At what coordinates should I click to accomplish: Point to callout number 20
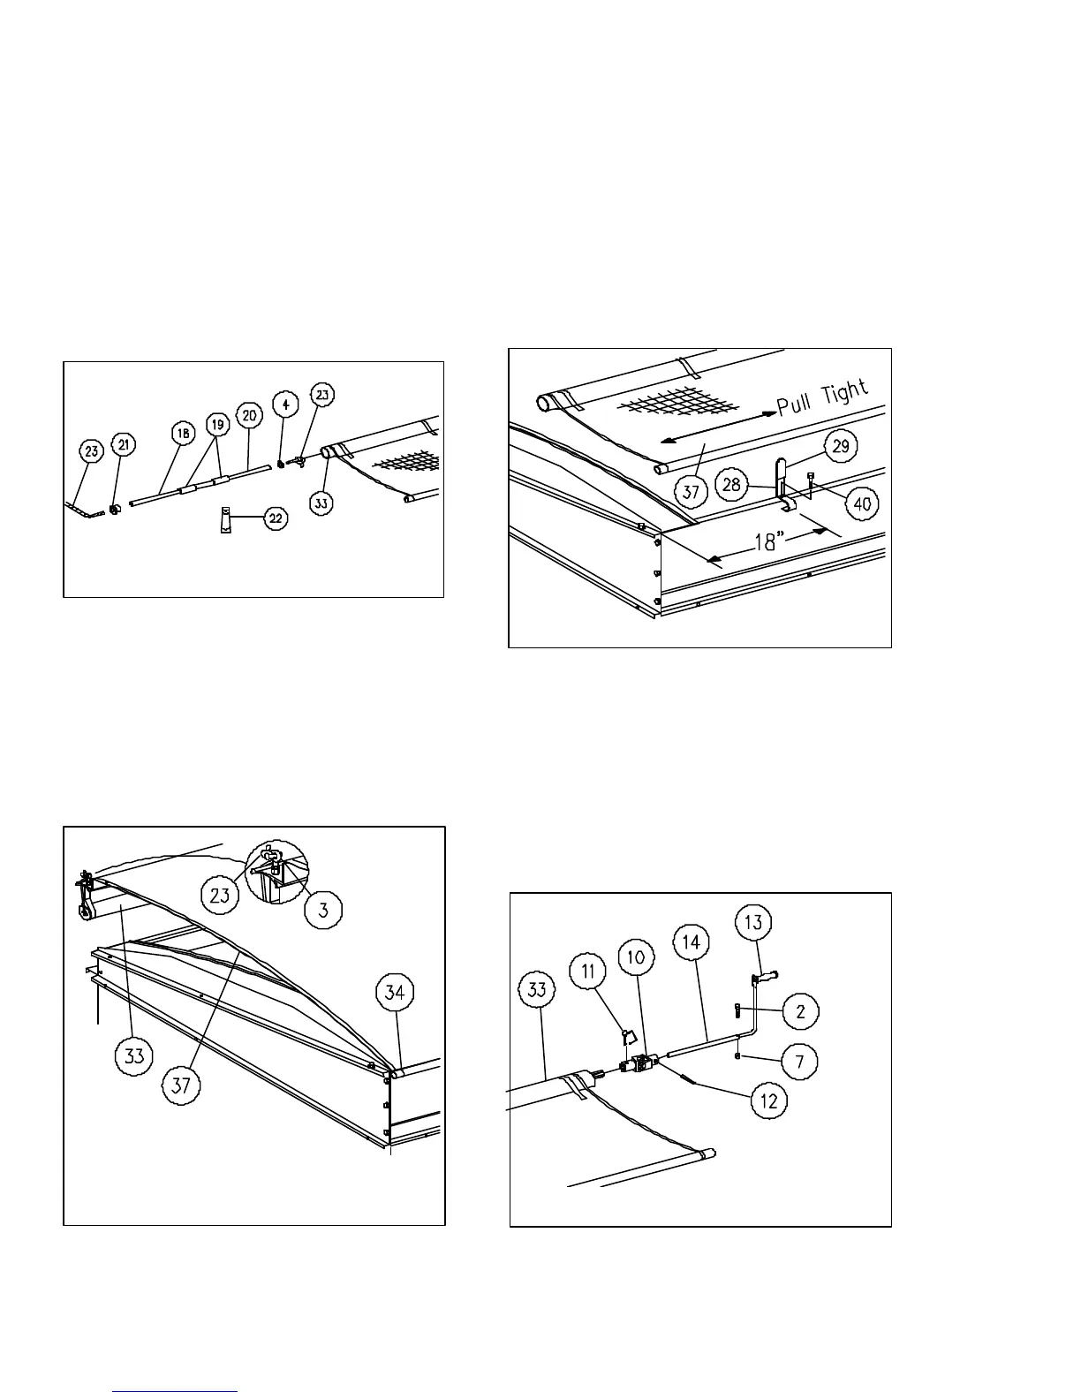point(251,414)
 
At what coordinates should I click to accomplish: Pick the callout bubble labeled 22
point(276,518)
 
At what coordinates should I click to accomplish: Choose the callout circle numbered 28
point(731,485)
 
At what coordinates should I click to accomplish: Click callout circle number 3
point(324,911)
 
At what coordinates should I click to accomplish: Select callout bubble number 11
point(589,972)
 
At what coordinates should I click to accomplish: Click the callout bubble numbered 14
point(692,941)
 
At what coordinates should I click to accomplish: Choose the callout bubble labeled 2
point(800,1010)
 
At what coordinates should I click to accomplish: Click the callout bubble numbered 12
point(769,1101)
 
